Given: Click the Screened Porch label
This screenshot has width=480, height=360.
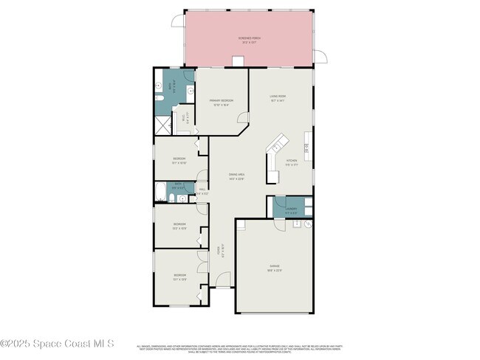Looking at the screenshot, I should pyautogui.click(x=248, y=39).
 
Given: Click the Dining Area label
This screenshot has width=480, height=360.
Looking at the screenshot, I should pyautogui.click(x=236, y=176).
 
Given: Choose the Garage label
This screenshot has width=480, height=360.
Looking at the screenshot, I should pyautogui.click(x=275, y=267).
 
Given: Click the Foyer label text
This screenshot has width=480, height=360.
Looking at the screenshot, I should pyautogui.click(x=219, y=252).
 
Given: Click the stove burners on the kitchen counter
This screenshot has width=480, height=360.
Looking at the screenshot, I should pyautogui.click(x=306, y=147).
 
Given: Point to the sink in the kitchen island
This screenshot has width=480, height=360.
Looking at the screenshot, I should pyautogui.click(x=272, y=152).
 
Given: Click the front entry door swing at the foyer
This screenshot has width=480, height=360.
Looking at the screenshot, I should pyautogui.click(x=223, y=280).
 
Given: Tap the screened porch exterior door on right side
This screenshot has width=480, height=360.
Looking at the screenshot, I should pyautogui.click(x=319, y=56).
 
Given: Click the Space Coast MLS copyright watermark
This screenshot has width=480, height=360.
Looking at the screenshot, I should pyautogui.click(x=58, y=343).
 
